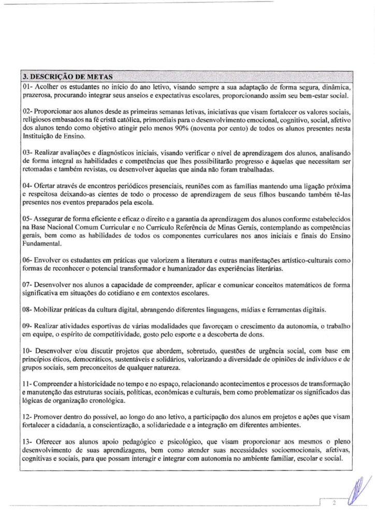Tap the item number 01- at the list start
[28, 84]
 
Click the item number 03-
[28, 154]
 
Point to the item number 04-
[28, 185]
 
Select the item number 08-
[28, 309]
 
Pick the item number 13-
[28, 441]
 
